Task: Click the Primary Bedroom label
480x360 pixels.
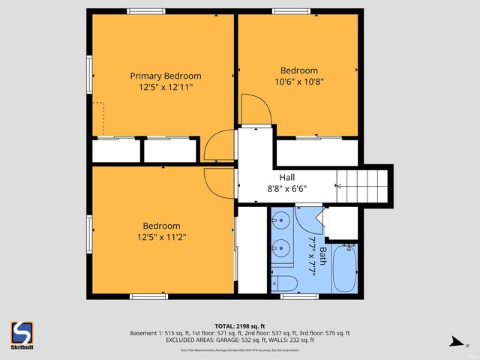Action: click(166, 76)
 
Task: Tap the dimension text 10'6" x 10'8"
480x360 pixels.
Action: click(299, 82)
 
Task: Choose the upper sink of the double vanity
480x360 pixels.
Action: click(280, 221)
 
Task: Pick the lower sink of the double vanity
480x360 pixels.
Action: click(280, 247)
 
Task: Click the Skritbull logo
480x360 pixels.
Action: click(21, 334)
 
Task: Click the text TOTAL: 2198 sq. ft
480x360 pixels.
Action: click(240, 326)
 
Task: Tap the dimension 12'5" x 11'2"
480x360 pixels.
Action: click(162, 237)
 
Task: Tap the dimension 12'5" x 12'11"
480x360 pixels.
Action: click(166, 87)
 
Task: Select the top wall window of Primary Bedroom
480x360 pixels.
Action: click(142, 10)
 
